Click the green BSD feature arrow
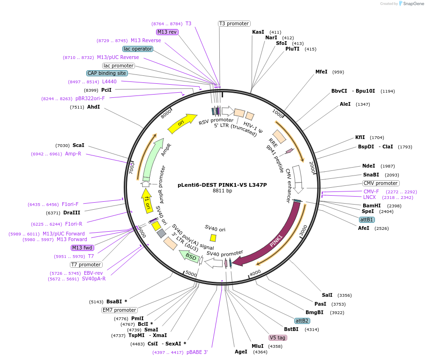190,256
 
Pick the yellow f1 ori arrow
147,199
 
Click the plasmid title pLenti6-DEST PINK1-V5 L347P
222,184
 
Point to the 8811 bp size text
222,191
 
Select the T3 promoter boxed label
234,23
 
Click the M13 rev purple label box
167,32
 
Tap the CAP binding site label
107,73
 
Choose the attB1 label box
366,220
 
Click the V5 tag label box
277,338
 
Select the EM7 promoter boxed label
120,310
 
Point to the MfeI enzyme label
321,72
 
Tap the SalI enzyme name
327,295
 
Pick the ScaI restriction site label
78,145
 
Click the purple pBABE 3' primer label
197,352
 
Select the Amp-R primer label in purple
73,154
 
